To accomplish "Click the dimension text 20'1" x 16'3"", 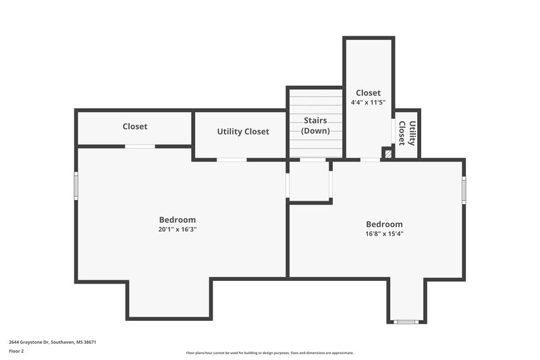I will (x=178, y=230).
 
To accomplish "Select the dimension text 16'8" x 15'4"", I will (x=384, y=234).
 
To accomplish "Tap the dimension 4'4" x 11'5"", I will (x=368, y=103).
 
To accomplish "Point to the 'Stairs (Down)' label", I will (x=315, y=126).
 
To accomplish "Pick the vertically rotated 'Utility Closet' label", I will (x=406, y=133).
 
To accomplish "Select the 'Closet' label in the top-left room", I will (x=135, y=126).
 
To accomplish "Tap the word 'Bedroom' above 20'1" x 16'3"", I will (x=178, y=220).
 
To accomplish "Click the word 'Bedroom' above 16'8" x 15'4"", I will (x=384, y=224).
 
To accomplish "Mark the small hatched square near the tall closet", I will (x=387, y=153).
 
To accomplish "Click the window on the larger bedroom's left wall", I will (x=76, y=185).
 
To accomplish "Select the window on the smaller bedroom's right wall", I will (x=464, y=190).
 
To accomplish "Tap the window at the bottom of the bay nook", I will (x=406, y=322).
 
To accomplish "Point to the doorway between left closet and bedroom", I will (x=140, y=146).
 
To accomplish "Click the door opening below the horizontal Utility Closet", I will (x=232, y=159).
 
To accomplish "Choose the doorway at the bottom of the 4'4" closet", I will (x=369, y=159).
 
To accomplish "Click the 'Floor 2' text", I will (x=16, y=351).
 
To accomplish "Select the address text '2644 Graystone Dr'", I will (x=34, y=342).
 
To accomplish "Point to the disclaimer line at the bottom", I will (x=270, y=353).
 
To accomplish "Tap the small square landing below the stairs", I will (x=310, y=180).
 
